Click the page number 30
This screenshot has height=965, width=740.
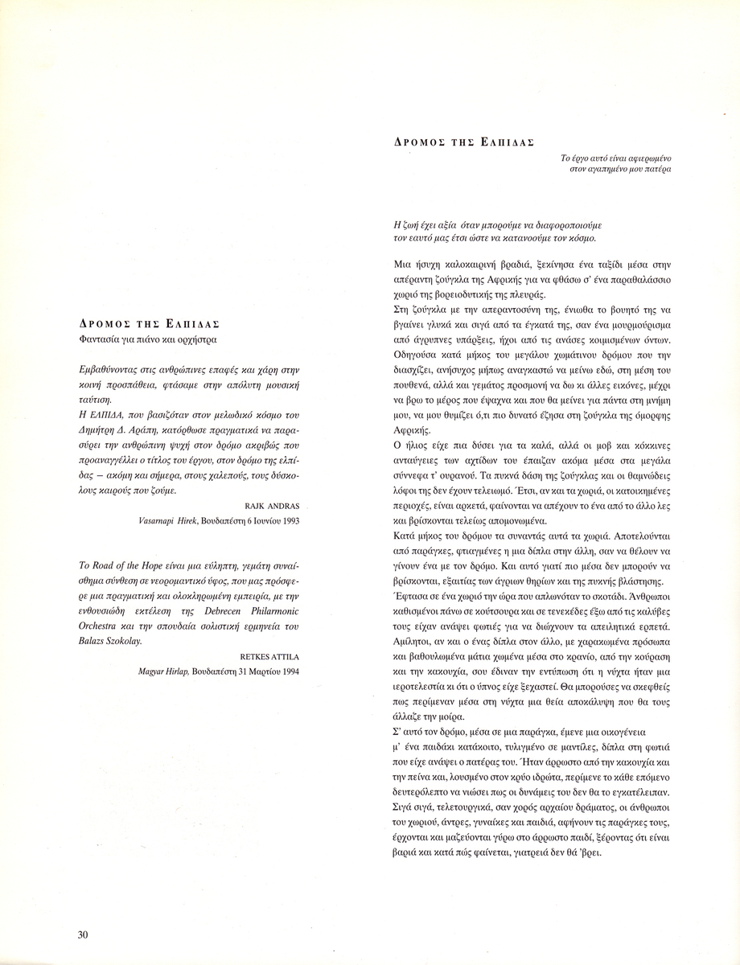click(83, 934)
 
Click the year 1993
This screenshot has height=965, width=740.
click(288, 521)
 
